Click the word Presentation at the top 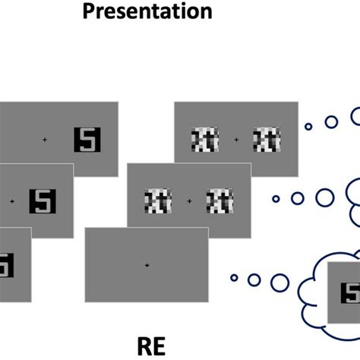(147, 11)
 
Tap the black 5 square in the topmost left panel (87, 139)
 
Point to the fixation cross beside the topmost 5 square (44, 140)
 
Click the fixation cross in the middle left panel (11, 201)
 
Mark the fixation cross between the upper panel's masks (235, 140)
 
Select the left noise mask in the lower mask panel (156, 201)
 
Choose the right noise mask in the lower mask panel (219, 201)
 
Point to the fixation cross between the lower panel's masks (188, 201)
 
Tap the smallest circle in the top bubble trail (308, 127)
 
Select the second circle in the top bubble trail (331, 122)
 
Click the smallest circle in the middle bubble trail (276, 199)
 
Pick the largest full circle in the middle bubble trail (325, 197)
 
